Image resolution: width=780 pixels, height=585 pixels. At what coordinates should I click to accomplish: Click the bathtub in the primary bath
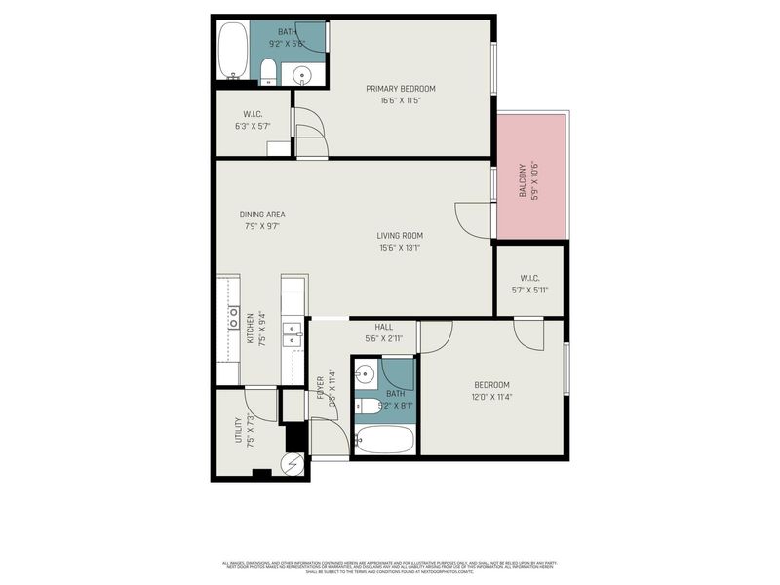pyautogui.click(x=232, y=52)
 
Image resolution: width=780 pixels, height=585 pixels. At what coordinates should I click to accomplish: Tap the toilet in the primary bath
pyautogui.click(x=267, y=71)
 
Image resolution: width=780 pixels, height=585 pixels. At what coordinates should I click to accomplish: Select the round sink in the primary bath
pyautogui.click(x=301, y=75)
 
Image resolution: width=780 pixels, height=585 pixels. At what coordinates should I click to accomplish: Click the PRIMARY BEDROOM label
pyautogui.click(x=400, y=89)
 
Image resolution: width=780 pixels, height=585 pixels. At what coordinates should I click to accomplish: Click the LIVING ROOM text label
pyautogui.click(x=400, y=235)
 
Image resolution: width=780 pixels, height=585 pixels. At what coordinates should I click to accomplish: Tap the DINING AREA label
pyautogui.click(x=262, y=214)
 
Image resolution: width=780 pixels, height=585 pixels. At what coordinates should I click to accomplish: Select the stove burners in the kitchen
pyautogui.click(x=234, y=317)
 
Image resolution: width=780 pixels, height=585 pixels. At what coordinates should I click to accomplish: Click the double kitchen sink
pyautogui.click(x=292, y=334)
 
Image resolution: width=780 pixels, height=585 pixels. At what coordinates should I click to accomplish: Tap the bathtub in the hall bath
pyautogui.click(x=383, y=440)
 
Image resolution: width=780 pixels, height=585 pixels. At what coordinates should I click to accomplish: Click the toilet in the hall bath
pyautogui.click(x=367, y=406)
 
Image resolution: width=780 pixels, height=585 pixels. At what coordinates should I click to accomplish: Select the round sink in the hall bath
pyautogui.click(x=365, y=373)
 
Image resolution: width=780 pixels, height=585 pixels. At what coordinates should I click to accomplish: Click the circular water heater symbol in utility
pyautogui.click(x=294, y=465)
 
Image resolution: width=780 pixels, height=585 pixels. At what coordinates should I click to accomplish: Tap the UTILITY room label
pyautogui.click(x=238, y=431)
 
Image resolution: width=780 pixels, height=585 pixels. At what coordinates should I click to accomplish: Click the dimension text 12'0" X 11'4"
pyautogui.click(x=492, y=397)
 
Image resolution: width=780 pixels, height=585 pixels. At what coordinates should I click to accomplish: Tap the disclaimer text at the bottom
pyautogui.click(x=390, y=565)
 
